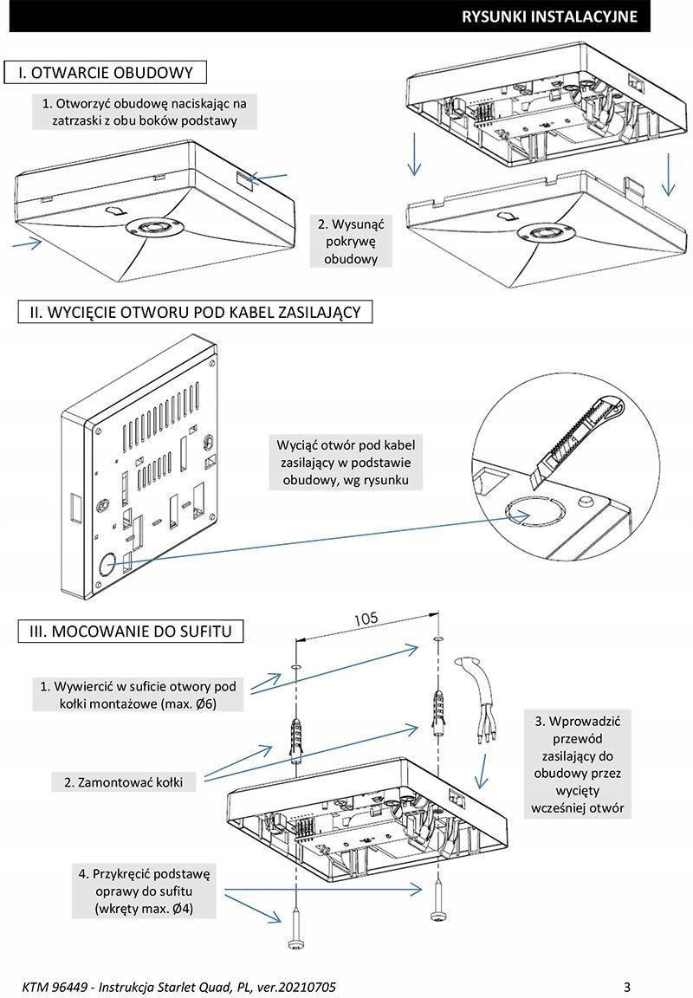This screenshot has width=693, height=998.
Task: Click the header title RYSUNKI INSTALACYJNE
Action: (x=549, y=16)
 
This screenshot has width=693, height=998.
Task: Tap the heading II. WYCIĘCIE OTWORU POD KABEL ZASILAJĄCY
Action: (x=195, y=312)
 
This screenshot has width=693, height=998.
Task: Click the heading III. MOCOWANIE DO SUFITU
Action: (x=131, y=631)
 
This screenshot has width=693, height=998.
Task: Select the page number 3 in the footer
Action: (x=627, y=987)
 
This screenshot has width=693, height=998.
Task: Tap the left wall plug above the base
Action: (x=295, y=733)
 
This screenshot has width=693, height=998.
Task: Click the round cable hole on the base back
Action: (x=108, y=562)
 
